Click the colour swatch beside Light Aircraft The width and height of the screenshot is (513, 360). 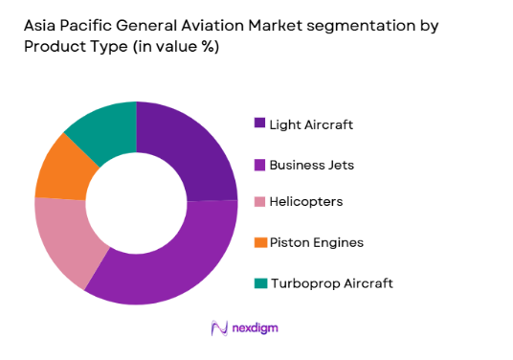[259, 123]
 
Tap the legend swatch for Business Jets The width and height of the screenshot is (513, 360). [259, 165]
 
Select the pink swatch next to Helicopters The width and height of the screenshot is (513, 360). [259, 202]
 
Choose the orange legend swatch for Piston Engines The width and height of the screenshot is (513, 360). [259, 242]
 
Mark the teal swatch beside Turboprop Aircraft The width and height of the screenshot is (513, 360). [259, 282]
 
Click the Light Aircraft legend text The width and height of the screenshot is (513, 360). [310, 124]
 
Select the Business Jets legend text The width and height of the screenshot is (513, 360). [312, 165]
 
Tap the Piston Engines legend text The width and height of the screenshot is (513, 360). [317, 242]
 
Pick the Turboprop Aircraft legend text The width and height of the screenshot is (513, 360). [331, 282]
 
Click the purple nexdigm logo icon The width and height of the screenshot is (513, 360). [217, 328]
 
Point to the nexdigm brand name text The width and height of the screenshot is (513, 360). [254, 328]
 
